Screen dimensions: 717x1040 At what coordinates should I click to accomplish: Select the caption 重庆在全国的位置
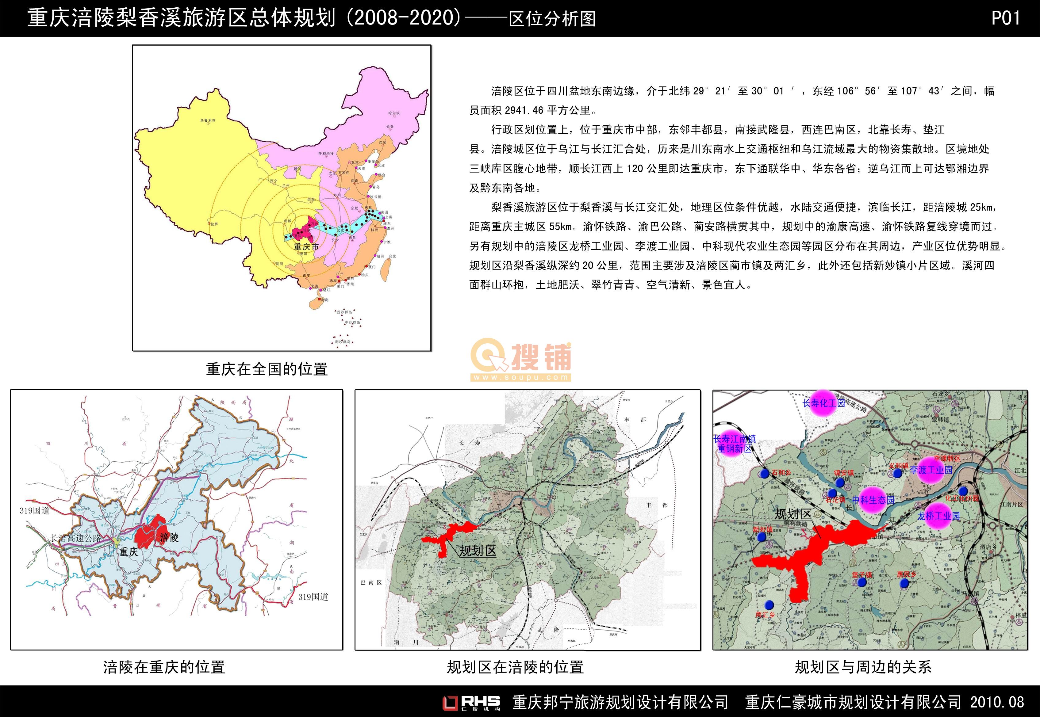[267, 369]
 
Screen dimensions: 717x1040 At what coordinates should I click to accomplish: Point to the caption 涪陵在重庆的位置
[164, 667]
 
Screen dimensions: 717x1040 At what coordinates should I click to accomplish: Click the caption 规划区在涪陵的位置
[515, 667]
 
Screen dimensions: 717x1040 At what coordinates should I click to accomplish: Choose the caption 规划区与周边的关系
[863, 667]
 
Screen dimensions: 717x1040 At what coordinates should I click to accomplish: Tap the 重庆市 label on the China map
[306, 247]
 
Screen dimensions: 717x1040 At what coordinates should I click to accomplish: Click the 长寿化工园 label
[823, 403]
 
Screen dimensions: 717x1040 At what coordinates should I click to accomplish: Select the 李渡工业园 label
[931, 470]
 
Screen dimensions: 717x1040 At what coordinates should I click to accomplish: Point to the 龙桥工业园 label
[938, 516]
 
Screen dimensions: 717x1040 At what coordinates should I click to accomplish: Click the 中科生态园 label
[873, 500]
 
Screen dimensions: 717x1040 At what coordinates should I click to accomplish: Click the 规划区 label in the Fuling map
[477, 551]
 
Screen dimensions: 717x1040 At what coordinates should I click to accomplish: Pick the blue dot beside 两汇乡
[769, 605]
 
